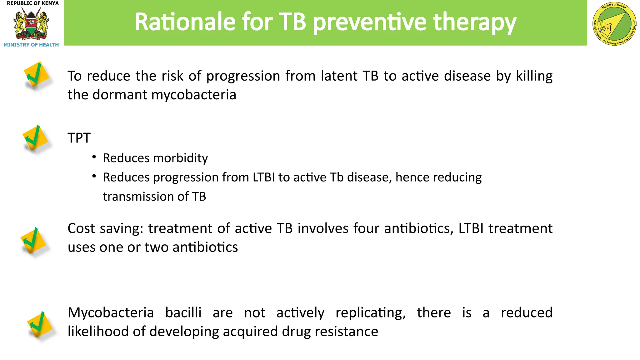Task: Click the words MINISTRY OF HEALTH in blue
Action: [31, 45]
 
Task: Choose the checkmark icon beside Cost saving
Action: [33, 241]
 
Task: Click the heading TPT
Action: [79, 138]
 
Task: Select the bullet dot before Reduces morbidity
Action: [94, 157]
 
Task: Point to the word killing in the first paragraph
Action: [534, 76]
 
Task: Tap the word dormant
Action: [120, 95]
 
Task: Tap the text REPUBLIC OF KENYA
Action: [33, 3]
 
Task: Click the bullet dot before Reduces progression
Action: [94, 176]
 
